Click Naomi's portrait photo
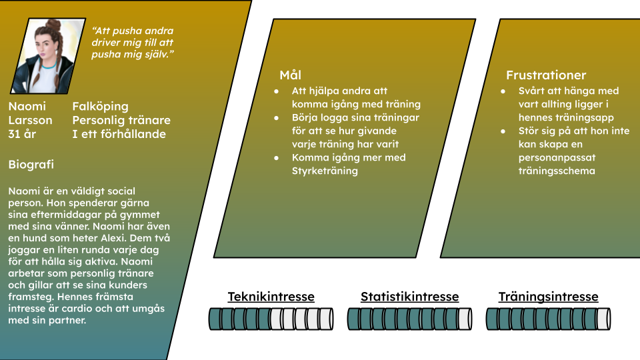click(x=48, y=56)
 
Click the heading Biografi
click(x=31, y=165)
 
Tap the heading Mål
click(x=290, y=75)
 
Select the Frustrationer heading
click(x=546, y=75)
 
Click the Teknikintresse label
click(x=271, y=297)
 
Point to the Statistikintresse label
click(x=409, y=297)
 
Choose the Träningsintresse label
click(x=548, y=297)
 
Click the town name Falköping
click(x=101, y=107)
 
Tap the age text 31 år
click(x=22, y=134)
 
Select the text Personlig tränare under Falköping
click(x=121, y=121)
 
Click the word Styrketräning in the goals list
click(x=325, y=171)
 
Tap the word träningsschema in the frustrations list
click(x=557, y=171)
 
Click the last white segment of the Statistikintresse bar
click(x=465, y=319)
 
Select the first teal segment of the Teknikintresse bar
click(x=215, y=319)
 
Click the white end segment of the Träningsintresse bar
click(x=604, y=319)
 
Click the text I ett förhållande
click(x=119, y=134)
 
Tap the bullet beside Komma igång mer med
click(x=276, y=158)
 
